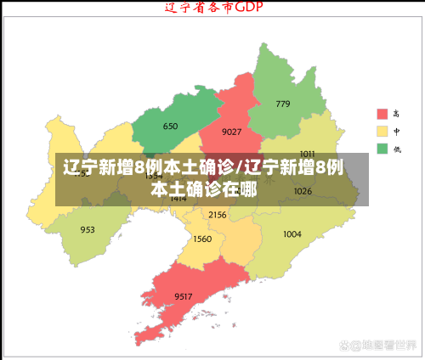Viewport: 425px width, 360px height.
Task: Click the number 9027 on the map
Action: point(231,132)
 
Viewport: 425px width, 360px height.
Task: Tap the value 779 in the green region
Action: point(283,104)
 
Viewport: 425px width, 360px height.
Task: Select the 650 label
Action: point(170,127)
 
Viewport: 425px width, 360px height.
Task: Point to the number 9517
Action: point(184,295)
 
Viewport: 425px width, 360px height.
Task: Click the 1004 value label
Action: point(292,234)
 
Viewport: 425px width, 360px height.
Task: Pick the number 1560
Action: point(202,239)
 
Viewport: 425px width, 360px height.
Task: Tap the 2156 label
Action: point(218,215)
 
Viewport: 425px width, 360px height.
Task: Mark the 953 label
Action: point(88,230)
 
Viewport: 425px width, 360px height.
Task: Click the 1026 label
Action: point(303,191)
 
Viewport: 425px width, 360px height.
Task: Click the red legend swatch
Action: point(382,114)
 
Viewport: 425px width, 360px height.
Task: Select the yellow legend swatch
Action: point(382,132)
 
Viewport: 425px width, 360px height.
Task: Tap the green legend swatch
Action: point(382,149)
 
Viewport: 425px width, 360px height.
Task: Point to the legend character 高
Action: point(397,114)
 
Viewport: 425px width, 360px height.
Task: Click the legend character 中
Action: point(397,132)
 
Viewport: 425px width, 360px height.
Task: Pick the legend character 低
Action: point(397,149)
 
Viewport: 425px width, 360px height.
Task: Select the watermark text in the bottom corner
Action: point(377,346)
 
